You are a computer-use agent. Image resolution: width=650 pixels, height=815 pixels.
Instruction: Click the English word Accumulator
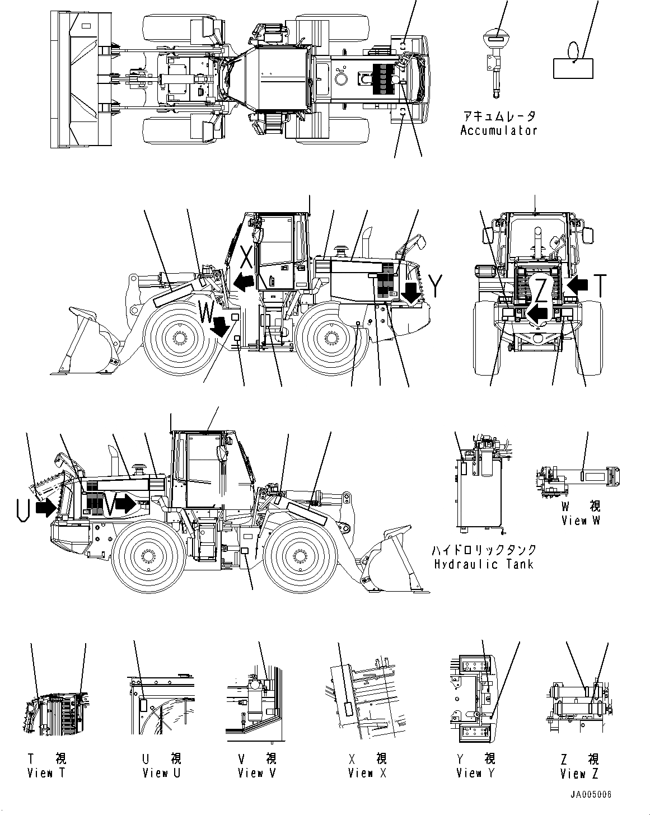(498, 130)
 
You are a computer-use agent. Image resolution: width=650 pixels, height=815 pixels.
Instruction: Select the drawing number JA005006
(591, 795)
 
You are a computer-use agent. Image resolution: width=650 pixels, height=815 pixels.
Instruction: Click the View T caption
(47, 773)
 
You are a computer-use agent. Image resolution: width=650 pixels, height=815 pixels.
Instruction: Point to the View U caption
(162, 773)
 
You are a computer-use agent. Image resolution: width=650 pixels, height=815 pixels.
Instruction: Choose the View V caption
(257, 773)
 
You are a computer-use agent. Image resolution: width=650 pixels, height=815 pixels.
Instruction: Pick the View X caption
(367, 773)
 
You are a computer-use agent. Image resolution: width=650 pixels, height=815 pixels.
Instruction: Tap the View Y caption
(476, 773)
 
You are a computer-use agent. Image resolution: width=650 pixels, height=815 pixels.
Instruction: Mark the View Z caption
(579, 773)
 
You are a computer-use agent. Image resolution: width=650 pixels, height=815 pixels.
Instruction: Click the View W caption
(581, 521)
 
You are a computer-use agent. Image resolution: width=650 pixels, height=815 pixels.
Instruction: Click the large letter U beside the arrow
(23, 509)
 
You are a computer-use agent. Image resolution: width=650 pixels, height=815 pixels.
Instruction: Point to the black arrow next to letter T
(579, 285)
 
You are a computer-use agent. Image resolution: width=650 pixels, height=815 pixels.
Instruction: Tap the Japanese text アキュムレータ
(498, 116)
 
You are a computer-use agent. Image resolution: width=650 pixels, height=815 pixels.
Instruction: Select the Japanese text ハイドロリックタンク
(485, 550)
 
